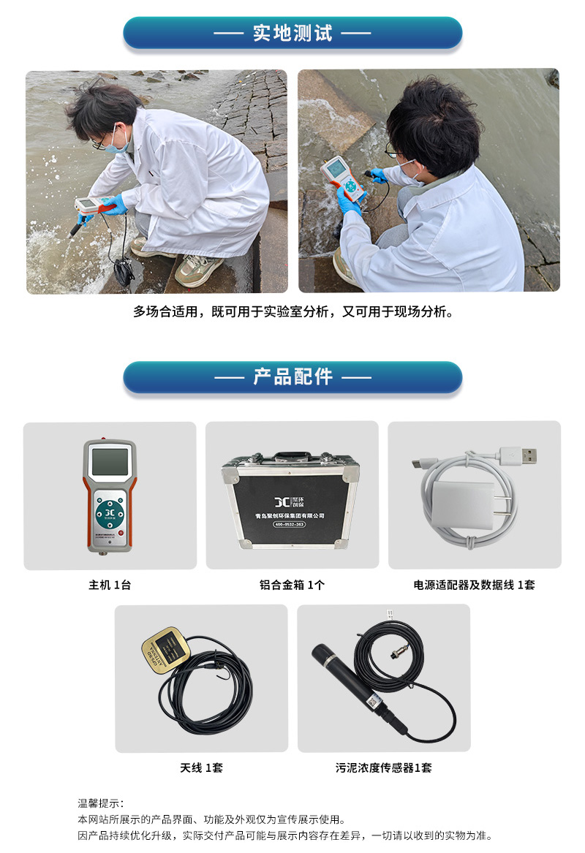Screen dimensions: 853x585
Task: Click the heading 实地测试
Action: pos(292,33)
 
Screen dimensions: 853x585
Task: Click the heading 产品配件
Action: pos(292,377)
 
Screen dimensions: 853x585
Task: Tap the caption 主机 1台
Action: pos(110,585)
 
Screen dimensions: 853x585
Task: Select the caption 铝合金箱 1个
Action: pos(292,585)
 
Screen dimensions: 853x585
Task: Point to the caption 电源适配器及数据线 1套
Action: pos(474,585)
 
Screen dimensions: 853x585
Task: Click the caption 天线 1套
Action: pos(201,767)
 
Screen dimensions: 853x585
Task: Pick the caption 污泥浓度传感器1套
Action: pos(383,767)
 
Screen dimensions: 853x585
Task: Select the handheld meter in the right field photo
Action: pos(342,178)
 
